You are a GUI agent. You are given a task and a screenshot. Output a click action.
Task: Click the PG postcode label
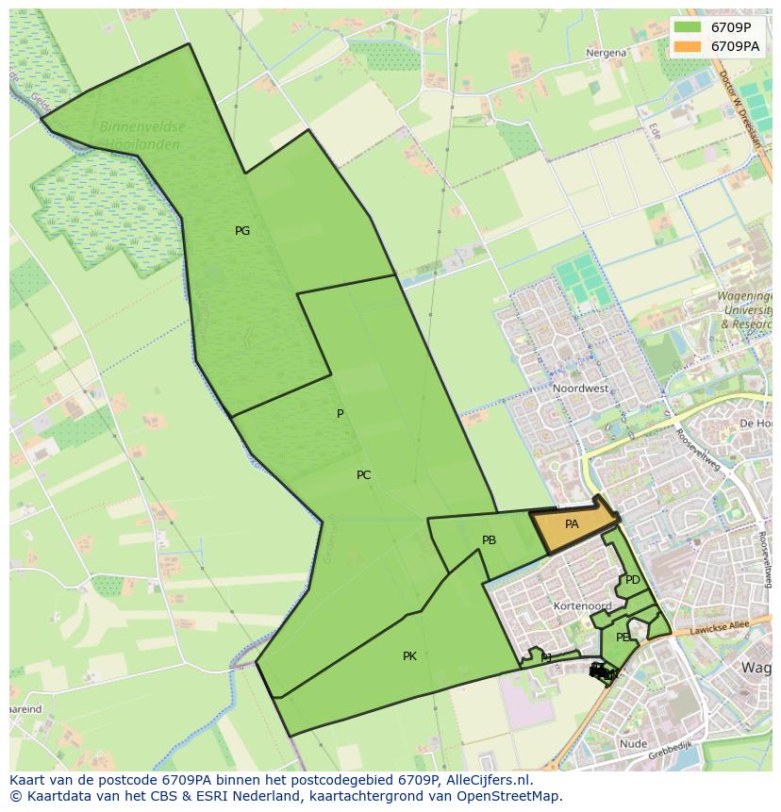[x=242, y=231]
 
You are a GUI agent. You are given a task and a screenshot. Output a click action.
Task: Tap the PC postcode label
[x=364, y=475]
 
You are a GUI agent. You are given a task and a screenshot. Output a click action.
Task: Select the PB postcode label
[x=489, y=540]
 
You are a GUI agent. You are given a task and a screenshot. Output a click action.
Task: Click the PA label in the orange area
[x=572, y=523]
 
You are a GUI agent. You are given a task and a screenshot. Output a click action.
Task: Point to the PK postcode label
[x=409, y=656]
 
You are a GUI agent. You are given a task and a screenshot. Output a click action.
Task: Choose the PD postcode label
[x=633, y=580]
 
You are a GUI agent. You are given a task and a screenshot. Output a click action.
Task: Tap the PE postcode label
[x=623, y=638]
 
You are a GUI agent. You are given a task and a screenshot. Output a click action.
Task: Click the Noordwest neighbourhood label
[x=580, y=389]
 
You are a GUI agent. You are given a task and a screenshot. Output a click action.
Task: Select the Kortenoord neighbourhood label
[x=583, y=606]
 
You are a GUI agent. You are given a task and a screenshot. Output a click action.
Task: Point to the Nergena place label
[x=606, y=53]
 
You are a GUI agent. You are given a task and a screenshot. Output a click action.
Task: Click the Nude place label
[x=634, y=744]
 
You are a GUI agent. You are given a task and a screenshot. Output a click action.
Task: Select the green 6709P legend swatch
[x=688, y=26]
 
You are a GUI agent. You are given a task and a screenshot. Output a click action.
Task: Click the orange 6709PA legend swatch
[x=688, y=45]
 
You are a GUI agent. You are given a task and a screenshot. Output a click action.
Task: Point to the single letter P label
[x=341, y=414]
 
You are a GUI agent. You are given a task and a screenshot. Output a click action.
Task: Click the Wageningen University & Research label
[x=746, y=310]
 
